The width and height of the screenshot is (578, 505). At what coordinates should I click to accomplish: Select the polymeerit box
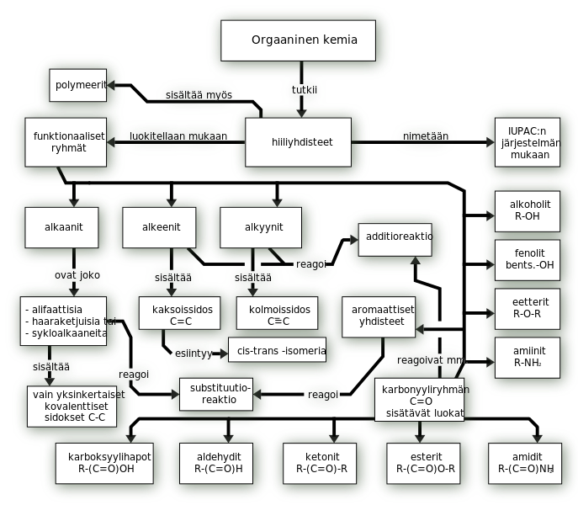tap(77, 86)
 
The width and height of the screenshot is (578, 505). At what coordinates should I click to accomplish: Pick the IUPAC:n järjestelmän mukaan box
tap(521, 142)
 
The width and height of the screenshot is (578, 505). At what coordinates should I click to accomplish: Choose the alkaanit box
tap(65, 227)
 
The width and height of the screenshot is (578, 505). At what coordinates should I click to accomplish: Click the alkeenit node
tap(159, 227)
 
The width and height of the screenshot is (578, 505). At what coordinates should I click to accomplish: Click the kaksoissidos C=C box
tap(182, 315)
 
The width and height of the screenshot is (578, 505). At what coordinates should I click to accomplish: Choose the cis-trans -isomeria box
tap(277, 350)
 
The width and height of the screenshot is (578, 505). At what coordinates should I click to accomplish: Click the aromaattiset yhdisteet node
tap(383, 315)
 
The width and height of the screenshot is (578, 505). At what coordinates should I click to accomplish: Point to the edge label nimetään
tap(426, 136)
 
